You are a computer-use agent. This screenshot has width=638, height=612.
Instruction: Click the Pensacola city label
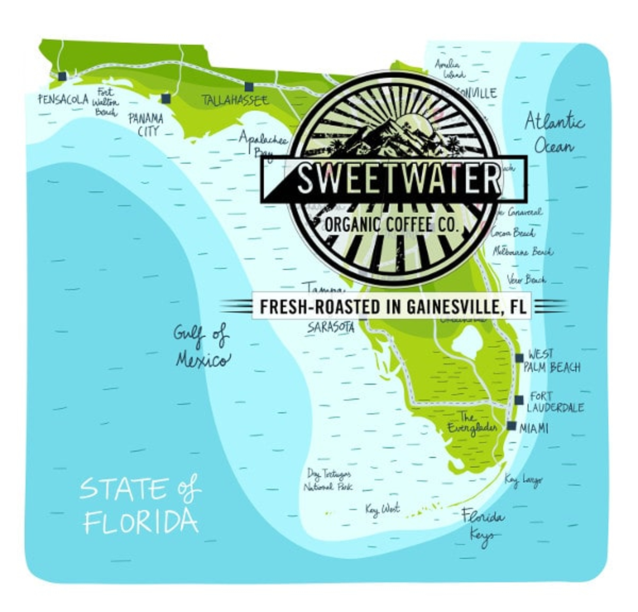coord(63,99)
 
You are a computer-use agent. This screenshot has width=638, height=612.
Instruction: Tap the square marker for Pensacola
coord(62,76)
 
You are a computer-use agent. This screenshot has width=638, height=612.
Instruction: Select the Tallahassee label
coord(235,100)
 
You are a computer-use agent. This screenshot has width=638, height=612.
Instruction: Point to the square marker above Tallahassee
coord(249,86)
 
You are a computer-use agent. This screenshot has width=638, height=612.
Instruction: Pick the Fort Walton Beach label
coord(105,102)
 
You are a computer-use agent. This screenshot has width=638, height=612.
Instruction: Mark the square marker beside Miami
coord(512,426)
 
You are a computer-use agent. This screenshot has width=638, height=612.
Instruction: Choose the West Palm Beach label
coord(552,361)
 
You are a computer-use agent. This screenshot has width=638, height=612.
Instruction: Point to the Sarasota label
coord(331,327)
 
